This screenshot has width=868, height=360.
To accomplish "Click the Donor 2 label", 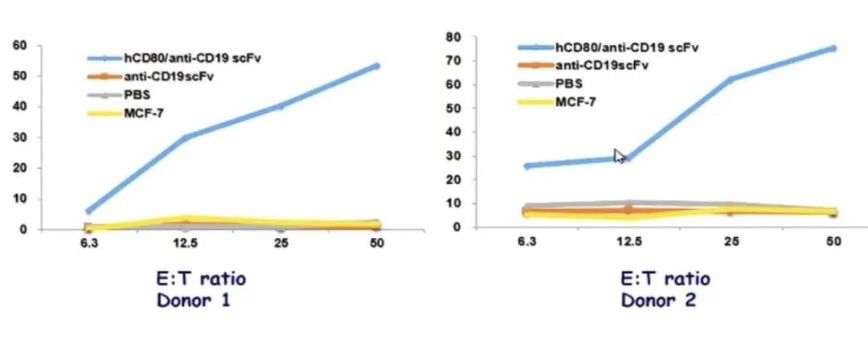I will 658,301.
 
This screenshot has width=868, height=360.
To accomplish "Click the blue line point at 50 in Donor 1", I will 376,66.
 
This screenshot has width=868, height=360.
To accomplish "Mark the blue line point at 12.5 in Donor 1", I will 186,137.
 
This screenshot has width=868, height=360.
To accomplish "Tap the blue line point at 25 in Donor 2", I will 731,79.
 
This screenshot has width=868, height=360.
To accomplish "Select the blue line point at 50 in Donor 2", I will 833,48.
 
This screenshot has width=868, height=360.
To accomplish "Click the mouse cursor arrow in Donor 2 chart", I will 619,156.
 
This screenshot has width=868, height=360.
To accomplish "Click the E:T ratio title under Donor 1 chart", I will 197,280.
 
